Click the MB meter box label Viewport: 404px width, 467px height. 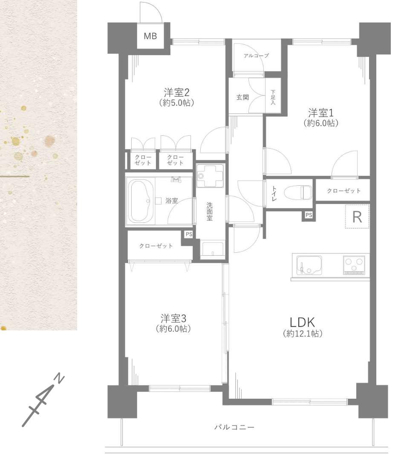(x=150, y=36)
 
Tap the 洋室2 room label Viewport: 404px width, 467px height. (x=176, y=92)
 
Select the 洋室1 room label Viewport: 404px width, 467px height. (x=321, y=113)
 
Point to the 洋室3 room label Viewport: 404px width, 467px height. (x=173, y=318)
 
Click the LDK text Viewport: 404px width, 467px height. (x=302, y=322)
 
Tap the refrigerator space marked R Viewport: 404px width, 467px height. (x=357, y=216)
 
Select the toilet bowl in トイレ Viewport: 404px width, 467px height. (x=298, y=192)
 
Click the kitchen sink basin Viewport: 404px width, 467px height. (x=309, y=265)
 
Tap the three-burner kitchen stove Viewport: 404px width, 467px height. (x=354, y=265)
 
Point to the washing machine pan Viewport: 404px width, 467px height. (x=210, y=176)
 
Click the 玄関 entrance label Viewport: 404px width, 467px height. (x=242, y=97)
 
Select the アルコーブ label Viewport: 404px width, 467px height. (x=256, y=55)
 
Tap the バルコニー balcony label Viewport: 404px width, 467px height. (x=234, y=427)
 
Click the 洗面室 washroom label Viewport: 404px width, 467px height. (x=210, y=211)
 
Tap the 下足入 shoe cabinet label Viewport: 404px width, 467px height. (x=273, y=97)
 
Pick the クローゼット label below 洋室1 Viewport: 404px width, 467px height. (x=344, y=191)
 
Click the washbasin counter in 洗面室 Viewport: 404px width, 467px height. (x=212, y=250)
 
